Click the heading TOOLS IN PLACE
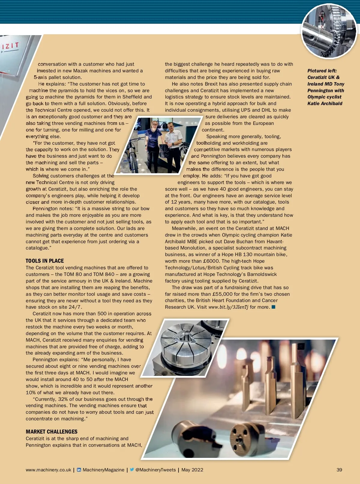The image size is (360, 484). pos(45,261)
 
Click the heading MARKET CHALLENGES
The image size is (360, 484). pos(52,431)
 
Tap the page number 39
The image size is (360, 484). pos(339,470)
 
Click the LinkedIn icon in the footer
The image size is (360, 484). pos(79,470)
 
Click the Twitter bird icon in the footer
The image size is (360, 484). pos(132,470)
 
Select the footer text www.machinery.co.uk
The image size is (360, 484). pos(49,470)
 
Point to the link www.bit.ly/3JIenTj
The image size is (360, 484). pos(228,307)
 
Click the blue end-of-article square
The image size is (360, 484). pos(273,307)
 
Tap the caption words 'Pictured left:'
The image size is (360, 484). pos(322,71)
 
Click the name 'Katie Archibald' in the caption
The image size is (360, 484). pos(325,104)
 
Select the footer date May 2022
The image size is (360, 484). pos(192,470)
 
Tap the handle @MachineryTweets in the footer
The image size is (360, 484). pos(155,470)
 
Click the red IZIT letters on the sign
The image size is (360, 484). pos(10,46)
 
